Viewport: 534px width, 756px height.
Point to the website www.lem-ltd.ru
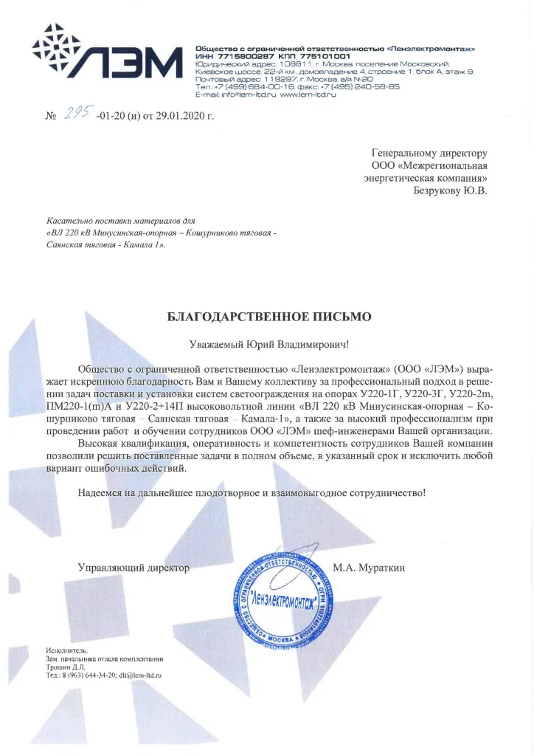click(308, 95)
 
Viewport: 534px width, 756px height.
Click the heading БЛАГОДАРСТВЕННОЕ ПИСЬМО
click(270, 317)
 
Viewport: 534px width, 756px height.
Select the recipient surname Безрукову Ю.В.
click(450, 190)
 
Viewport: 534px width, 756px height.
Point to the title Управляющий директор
click(133, 568)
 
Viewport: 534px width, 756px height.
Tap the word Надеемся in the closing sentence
click(101, 492)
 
